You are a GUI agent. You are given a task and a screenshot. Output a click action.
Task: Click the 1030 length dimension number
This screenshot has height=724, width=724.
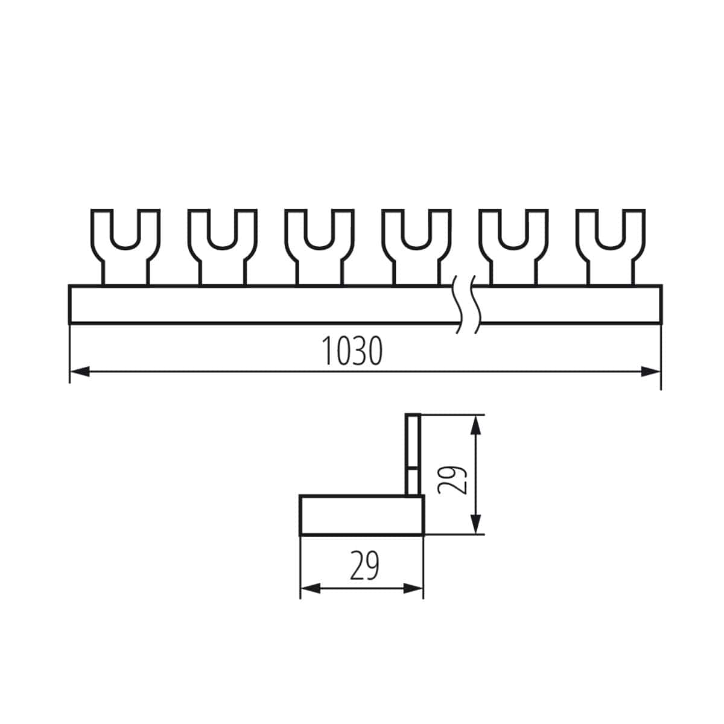tap(352, 351)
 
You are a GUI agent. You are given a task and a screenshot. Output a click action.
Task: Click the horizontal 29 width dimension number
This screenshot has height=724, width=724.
tap(364, 567)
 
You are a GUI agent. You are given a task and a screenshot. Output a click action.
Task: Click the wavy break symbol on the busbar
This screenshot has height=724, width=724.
tap(466, 304)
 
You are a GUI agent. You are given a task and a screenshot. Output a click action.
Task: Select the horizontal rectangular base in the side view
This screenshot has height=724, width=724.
tap(362, 515)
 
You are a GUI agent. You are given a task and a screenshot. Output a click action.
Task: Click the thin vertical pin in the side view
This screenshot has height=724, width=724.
tap(413, 453)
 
